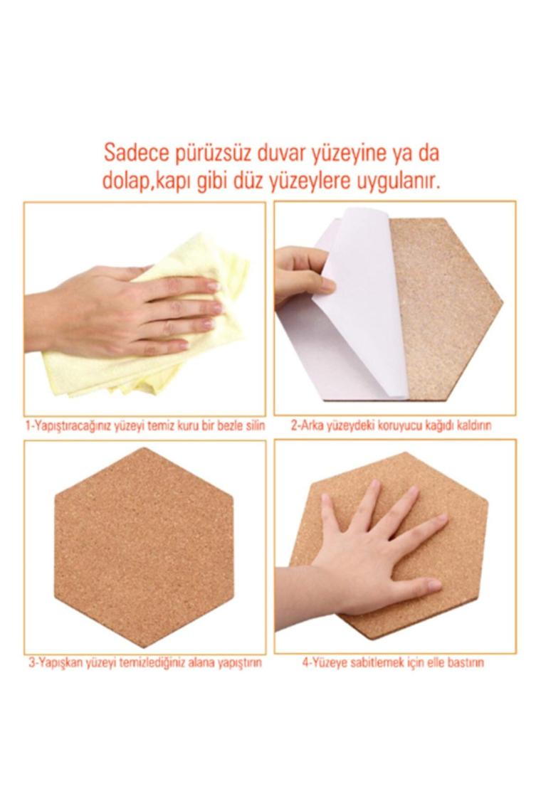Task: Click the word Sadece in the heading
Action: (135, 153)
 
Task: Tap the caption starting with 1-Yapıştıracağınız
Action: (145, 425)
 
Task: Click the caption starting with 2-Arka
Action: (391, 425)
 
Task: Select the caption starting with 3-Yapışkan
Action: (145, 662)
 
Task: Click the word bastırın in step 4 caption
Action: (466, 662)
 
